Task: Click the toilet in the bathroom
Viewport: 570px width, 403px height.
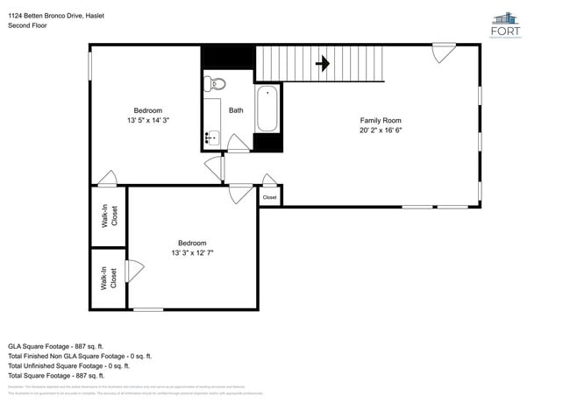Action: coord(215,84)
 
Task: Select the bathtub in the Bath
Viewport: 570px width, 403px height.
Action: coord(267,109)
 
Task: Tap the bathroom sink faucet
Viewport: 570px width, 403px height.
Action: coord(210,137)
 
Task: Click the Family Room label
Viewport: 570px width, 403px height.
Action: coord(381,120)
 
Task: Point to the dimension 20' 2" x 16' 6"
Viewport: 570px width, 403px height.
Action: coord(381,130)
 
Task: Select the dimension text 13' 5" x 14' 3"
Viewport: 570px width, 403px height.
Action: coord(147,120)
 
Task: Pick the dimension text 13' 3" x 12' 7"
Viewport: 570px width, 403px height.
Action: coord(192,252)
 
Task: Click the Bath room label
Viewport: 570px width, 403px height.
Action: coord(236,110)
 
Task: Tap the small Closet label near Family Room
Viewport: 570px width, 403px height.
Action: coord(269,198)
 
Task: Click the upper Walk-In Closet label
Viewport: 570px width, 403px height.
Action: coord(109,216)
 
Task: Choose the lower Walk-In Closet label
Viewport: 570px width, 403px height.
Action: coord(109,278)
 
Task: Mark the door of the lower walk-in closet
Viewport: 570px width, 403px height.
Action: coord(134,272)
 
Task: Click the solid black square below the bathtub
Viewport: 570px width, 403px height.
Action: coord(267,143)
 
